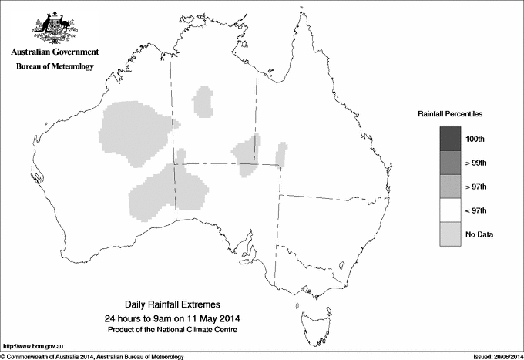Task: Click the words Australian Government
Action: click(x=54, y=52)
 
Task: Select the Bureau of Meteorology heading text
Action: click(x=54, y=67)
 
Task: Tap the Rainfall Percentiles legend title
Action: click(x=450, y=113)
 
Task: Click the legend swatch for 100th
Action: click(x=450, y=139)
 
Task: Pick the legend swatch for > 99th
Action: click(x=450, y=163)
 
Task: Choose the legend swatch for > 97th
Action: click(x=450, y=187)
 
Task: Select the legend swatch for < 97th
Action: click(x=450, y=210)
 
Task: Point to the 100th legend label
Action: click(x=475, y=139)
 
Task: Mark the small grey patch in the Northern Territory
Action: click(x=204, y=101)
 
